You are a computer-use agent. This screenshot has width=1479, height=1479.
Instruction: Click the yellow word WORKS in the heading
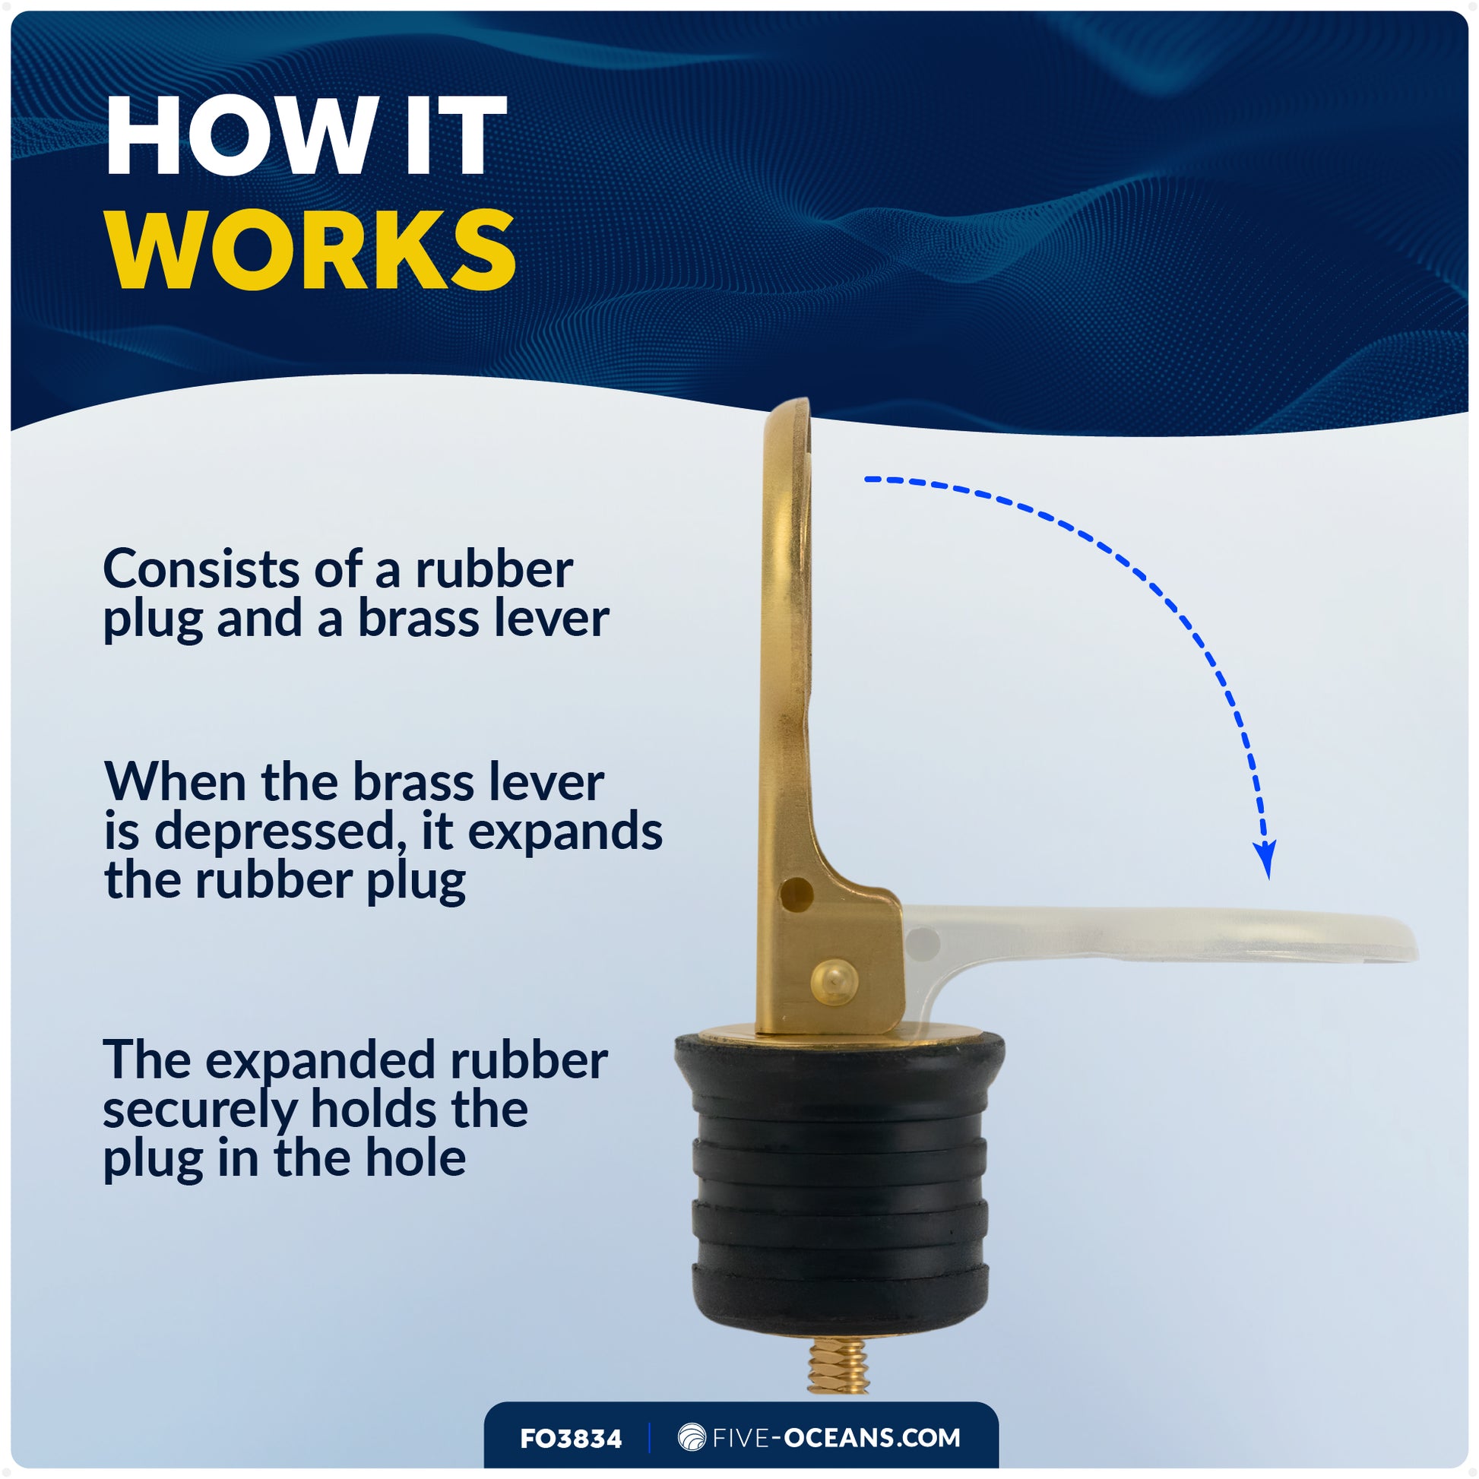tap(311, 250)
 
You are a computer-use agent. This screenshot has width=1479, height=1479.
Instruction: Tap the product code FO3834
tap(571, 1439)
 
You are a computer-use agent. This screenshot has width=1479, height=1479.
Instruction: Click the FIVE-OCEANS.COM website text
tap(836, 1438)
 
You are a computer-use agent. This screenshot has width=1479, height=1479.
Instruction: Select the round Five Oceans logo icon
tap(692, 1438)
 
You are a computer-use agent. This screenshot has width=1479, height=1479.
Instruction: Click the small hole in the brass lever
tap(797, 893)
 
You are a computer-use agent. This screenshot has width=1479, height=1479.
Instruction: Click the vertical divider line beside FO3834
tap(649, 1438)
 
